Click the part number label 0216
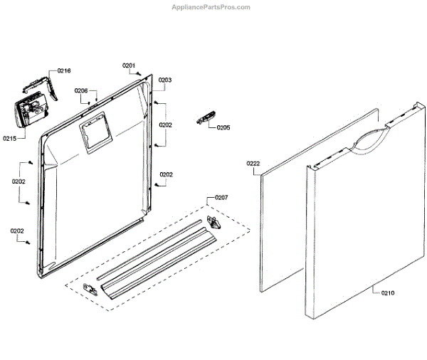(64, 71)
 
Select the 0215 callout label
(11, 138)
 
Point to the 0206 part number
(81, 90)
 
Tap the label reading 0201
(129, 66)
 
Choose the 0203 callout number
(165, 80)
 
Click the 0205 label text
(223, 128)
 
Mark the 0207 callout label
(222, 196)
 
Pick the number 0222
(253, 164)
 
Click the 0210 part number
(387, 293)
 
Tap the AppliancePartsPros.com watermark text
(212, 7)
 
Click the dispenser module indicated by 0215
(31, 112)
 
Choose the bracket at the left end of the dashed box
(90, 287)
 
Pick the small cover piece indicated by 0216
(41, 85)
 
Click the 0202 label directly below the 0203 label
(165, 125)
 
